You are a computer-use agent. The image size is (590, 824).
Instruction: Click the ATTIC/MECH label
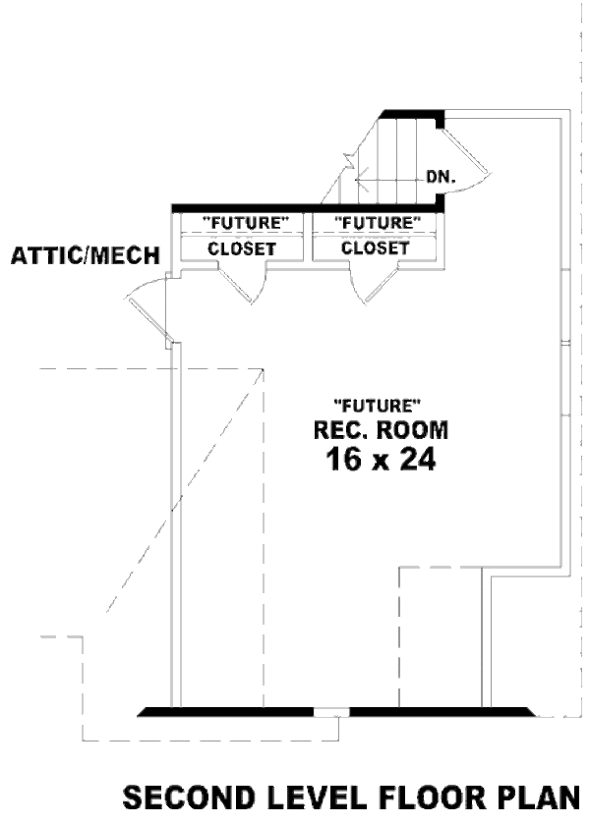(x=85, y=257)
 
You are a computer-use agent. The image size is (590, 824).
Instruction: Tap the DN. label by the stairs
(x=439, y=178)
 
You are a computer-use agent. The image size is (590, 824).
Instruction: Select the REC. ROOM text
(x=381, y=429)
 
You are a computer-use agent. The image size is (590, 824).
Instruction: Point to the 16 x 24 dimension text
(x=380, y=459)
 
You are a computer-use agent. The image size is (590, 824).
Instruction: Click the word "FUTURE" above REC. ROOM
(x=379, y=404)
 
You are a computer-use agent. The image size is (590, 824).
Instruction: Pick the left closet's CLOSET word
(x=242, y=248)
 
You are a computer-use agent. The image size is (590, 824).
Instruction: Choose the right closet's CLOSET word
(x=375, y=248)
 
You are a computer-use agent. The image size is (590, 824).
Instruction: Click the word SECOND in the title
(x=182, y=797)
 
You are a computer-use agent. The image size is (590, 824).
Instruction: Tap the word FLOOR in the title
(x=413, y=797)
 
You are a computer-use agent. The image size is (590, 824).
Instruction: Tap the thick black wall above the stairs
(x=413, y=114)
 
